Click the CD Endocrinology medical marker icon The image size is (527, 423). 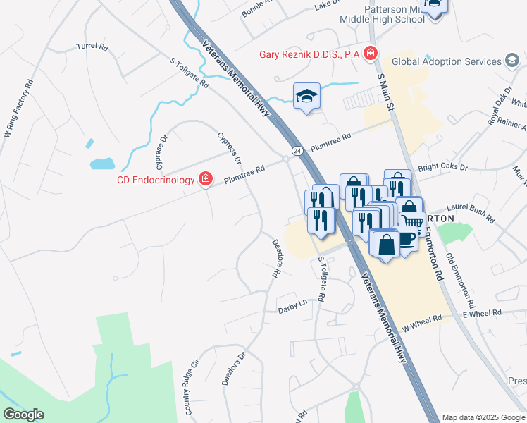click(206, 180)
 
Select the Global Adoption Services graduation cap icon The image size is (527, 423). click(512, 61)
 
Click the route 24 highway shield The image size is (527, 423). click(297, 151)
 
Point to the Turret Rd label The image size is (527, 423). click(93, 47)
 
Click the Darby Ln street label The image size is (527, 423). click(293, 306)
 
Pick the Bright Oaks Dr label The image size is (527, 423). click(443, 168)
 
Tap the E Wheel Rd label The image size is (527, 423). click(482, 312)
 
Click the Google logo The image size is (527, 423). click(23, 415)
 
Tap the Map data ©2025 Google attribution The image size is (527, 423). click(483, 417)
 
